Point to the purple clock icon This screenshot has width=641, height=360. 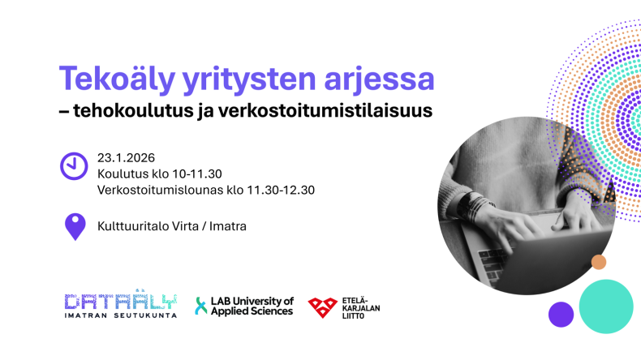(74, 165)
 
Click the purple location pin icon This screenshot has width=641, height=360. (75, 225)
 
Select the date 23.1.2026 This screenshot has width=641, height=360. (126, 157)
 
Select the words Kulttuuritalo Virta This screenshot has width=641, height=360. (147, 225)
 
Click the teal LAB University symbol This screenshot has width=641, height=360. (201, 306)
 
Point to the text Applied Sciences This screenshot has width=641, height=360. (252, 311)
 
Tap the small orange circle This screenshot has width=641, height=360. (599, 262)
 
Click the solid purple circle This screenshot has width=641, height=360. (561, 314)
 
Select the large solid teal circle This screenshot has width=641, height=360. (605, 306)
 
